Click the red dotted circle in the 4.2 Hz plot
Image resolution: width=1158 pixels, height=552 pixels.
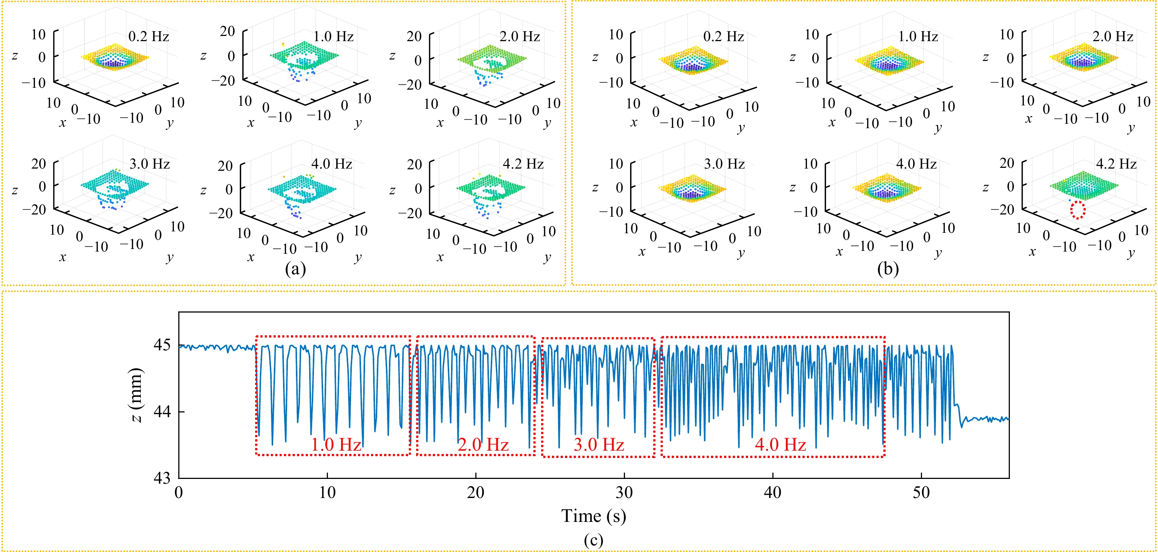[x=1077, y=210]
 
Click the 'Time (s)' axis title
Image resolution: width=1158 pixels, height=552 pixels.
[x=593, y=516]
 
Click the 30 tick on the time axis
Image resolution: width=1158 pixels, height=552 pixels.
[x=624, y=493]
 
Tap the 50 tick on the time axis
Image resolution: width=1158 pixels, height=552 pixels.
[x=921, y=493]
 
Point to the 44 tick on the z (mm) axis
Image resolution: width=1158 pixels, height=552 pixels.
[x=162, y=411]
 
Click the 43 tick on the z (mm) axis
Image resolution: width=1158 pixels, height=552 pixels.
[x=162, y=478]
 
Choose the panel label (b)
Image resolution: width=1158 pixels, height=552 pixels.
[x=887, y=268]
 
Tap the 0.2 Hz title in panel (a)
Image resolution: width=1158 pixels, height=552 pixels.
[x=149, y=36]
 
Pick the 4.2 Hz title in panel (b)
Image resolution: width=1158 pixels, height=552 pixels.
[x=1116, y=163]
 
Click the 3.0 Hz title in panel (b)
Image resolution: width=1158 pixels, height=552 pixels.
[x=724, y=164]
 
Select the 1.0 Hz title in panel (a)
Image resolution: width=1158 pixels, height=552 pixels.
[x=333, y=36]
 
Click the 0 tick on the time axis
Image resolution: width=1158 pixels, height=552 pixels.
[x=179, y=493]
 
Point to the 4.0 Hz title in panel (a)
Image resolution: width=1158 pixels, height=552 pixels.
[x=332, y=164]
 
